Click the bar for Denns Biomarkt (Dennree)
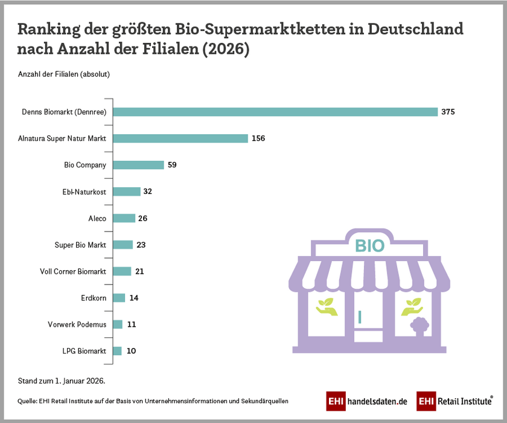275,112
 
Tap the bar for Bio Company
139,165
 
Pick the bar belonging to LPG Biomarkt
118,351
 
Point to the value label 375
447,112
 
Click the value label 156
258,138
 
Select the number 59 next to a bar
172,165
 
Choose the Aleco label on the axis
97,218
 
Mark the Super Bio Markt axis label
80,245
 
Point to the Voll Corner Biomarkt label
73,271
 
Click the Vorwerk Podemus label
77,325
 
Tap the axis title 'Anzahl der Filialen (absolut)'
63,75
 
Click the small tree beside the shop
418,327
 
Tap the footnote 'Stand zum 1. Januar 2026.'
62,381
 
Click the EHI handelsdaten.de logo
367,401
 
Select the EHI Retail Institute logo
454,401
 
